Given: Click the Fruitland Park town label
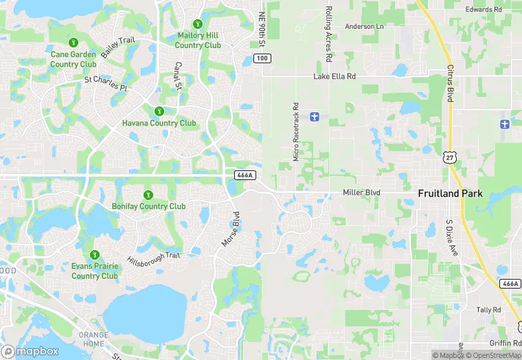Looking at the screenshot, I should coord(450,194).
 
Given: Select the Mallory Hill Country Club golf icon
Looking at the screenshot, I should coord(198,24).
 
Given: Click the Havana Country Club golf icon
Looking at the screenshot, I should coord(159,111).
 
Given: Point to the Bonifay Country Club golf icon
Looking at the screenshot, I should coord(148,194).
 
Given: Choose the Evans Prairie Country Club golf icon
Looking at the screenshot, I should coord(95,254).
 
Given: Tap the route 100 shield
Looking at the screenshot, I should coord(262,58).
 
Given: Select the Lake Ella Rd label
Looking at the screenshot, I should coord(335,76).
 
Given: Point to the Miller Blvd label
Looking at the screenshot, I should coord(361,193).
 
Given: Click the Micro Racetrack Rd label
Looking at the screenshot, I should coord(296,132).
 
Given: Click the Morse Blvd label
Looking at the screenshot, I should coord(231,231).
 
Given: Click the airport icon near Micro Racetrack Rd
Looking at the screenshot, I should coord(315,116).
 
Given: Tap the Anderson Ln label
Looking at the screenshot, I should coord(364,26).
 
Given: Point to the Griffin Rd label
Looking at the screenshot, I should coord(505,343).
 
